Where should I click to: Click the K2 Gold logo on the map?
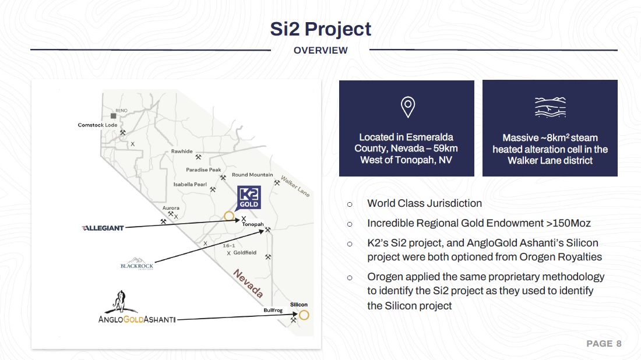pyautogui.click(x=249, y=197)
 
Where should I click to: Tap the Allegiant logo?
pyautogui.click(x=103, y=228)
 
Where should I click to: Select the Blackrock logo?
pyautogui.click(x=136, y=264)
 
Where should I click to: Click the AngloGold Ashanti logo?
pyautogui.click(x=137, y=307)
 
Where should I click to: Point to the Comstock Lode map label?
pyautogui.click(x=98, y=125)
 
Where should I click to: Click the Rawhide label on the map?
pyautogui.click(x=182, y=151)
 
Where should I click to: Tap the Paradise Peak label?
pyautogui.click(x=203, y=170)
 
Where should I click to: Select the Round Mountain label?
pyautogui.click(x=252, y=175)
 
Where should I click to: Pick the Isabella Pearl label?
pyautogui.click(x=190, y=184)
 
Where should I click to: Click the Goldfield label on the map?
pyautogui.click(x=245, y=253)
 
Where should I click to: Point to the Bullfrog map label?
pyautogui.click(x=273, y=310)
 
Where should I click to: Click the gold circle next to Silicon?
pyautogui.click(x=304, y=315)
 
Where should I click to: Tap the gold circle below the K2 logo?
pyautogui.click(x=229, y=216)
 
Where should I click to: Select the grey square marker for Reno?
pyautogui.click(x=113, y=116)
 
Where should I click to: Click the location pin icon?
pyautogui.click(x=407, y=107)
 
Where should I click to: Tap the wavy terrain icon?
pyautogui.click(x=550, y=107)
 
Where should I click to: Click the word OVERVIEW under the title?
pyautogui.click(x=320, y=50)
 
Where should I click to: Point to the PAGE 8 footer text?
pyautogui.click(x=604, y=344)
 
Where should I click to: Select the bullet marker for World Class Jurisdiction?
pyautogui.click(x=350, y=204)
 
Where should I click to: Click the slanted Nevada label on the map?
pyautogui.click(x=248, y=283)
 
